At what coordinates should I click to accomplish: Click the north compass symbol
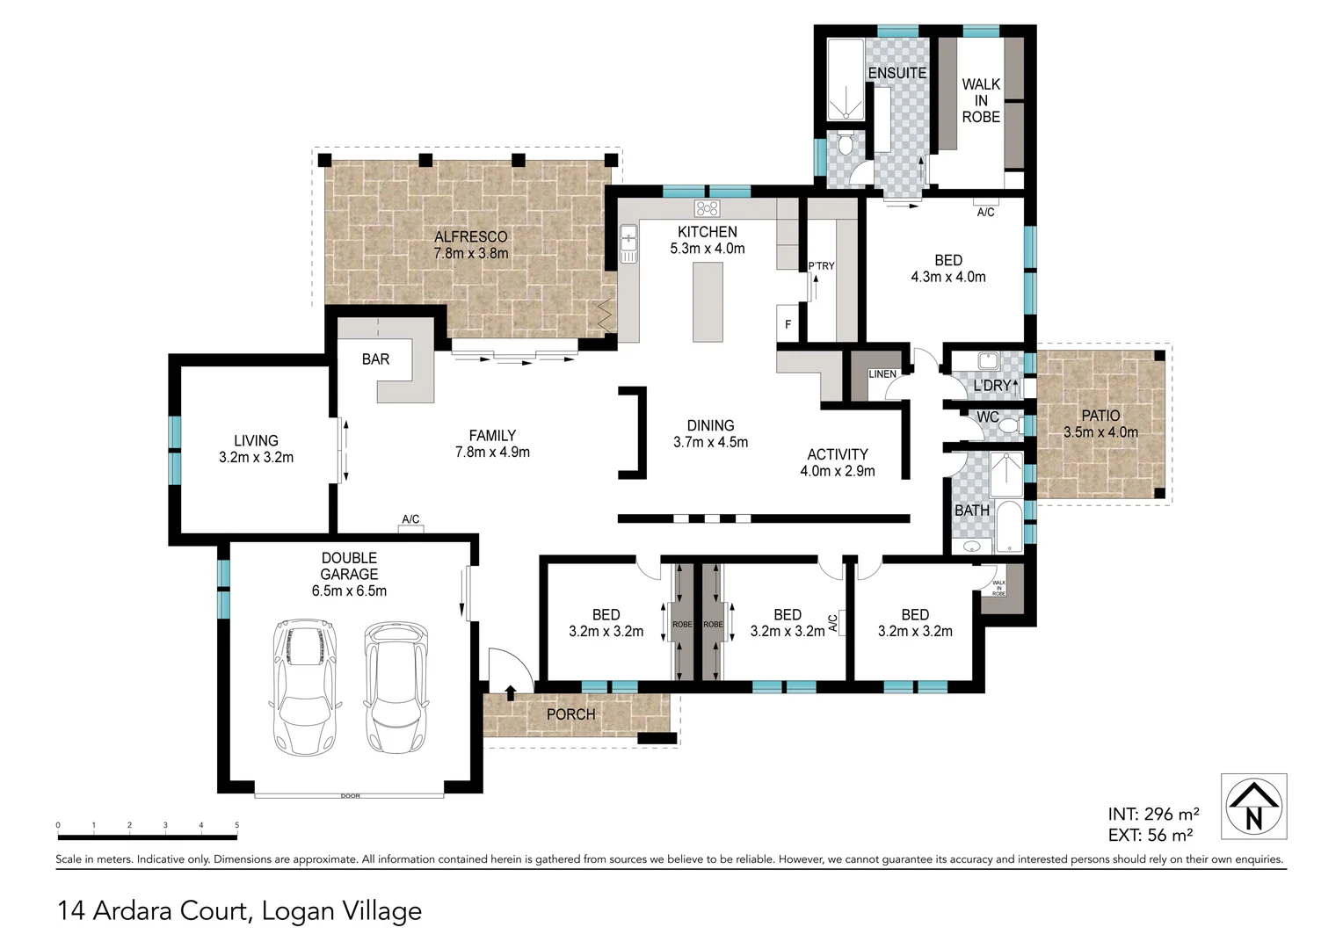coord(1253,807)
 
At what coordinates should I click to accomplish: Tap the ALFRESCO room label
coord(470,236)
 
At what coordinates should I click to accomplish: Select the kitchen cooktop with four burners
coord(707,208)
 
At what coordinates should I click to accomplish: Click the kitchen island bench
coord(708,301)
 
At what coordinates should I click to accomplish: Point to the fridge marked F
coord(788,323)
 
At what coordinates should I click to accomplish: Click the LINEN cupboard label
coord(882,374)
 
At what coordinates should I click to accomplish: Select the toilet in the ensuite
coord(846,144)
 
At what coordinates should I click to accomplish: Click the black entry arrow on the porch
coord(511,692)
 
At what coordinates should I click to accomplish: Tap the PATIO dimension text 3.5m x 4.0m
coord(1100,432)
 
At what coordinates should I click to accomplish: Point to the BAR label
coord(375,359)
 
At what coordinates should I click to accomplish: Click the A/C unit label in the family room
coord(410,519)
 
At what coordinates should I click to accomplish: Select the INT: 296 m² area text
coord(1153,814)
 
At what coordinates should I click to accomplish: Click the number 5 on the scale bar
coord(236,825)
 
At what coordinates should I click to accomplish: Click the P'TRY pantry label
coord(821,266)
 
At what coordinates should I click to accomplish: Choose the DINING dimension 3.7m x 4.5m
coord(710,442)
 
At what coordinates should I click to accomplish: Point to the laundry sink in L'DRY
coord(987,361)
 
